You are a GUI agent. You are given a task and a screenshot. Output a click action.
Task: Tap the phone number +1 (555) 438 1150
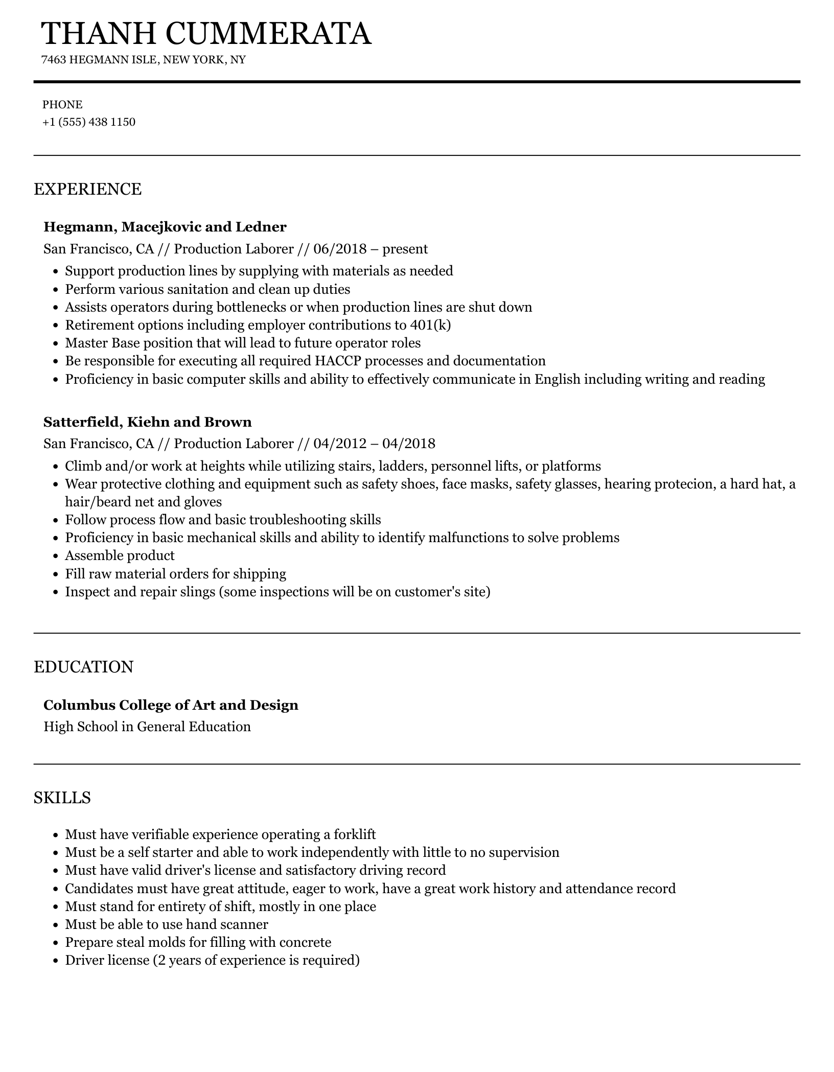coord(89,122)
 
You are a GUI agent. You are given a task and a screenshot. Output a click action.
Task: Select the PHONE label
coord(62,105)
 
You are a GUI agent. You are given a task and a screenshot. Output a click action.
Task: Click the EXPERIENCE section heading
coord(87,189)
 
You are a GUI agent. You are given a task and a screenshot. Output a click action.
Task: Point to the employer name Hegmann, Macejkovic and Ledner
coord(165,227)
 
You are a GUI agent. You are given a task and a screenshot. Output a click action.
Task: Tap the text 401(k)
coord(430,325)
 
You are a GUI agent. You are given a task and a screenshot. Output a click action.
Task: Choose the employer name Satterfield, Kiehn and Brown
coord(148,422)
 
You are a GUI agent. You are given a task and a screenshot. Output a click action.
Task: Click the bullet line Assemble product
coord(120,555)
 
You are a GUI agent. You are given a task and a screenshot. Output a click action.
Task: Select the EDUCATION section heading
coord(84,667)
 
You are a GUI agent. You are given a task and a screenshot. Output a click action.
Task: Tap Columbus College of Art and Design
coord(171,705)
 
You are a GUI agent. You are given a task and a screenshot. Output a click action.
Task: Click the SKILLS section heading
coord(62,798)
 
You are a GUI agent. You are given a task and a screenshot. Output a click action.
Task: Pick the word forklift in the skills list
coord(355,834)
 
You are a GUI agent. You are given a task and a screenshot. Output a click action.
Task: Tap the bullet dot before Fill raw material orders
coord(57,574)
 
